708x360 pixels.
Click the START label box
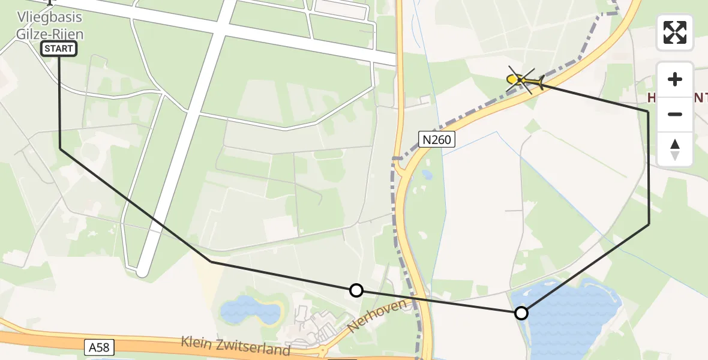59,49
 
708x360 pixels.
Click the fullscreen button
675,32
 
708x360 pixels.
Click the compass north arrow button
675,149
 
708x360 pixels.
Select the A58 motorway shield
98,346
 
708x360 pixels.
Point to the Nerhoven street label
376,316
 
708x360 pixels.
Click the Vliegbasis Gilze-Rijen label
50,26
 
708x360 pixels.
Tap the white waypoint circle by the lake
521,313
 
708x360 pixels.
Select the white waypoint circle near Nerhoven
356,290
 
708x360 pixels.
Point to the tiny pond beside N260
427,175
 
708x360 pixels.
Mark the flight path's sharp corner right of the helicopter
648,112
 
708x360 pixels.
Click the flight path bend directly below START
60,148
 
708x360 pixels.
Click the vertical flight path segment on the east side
649,168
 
